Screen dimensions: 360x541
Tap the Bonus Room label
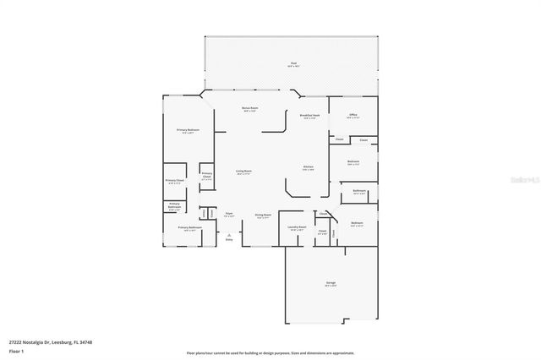tap(250, 108)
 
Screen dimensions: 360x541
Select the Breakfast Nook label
tap(309, 116)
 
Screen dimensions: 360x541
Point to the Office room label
tap(353, 115)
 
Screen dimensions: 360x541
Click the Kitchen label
tap(309, 167)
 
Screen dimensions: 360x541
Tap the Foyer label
tap(228, 215)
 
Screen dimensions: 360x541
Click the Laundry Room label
tap(297, 226)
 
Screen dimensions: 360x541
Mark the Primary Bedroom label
tap(186, 130)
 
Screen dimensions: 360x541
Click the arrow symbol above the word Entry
tap(228, 233)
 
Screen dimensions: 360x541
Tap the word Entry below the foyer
tap(228, 240)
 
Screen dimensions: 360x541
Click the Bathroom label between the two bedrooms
tap(359, 191)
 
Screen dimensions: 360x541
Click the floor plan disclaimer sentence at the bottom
tap(270, 352)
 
